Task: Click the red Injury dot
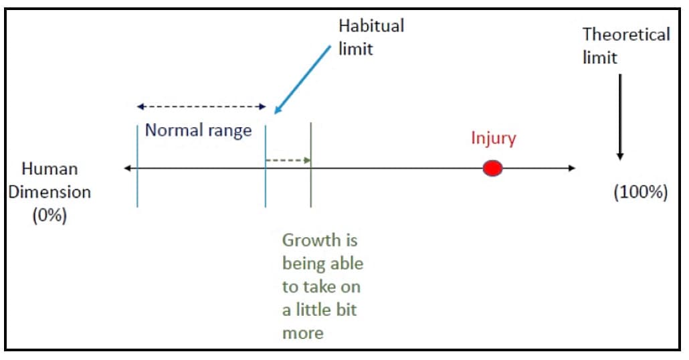pos(492,169)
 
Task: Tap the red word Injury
pos(494,139)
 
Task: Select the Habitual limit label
pos(371,37)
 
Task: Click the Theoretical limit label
pos(626,46)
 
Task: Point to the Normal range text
pos(199,130)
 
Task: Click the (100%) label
pos(641,192)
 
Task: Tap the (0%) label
pos(50,215)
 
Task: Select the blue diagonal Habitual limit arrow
pos(302,80)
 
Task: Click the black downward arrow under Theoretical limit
pos(620,117)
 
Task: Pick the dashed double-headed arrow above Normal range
pos(201,106)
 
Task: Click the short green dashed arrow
pos(288,161)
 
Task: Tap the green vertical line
pos(310,165)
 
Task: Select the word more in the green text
pos(303,333)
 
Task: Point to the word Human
pos(50,169)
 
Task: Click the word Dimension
pos(50,192)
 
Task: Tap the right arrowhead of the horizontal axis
pos(572,168)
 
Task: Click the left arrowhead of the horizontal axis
pos(128,168)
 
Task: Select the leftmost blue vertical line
pos(138,166)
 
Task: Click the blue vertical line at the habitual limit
pos(266,166)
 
